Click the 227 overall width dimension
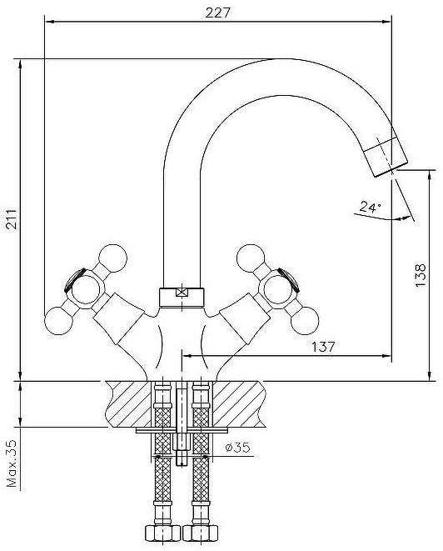tap(217, 13)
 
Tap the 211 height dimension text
tap(12, 219)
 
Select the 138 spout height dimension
tap(420, 275)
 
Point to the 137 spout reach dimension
tap(323, 347)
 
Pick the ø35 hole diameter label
tap(237, 448)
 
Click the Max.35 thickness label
tap(12, 463)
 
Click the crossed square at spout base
tap(182, 293)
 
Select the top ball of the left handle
tap(112, 258)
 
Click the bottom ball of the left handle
tap(58, 320)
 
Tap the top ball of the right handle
tap(251, 258)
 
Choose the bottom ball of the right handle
tap(305, 320)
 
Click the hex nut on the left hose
tap(162, 533)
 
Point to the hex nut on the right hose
tap(201, 533)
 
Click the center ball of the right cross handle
tap(278, 289)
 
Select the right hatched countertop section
tap(239, 404)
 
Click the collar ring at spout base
tap(182, 298)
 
